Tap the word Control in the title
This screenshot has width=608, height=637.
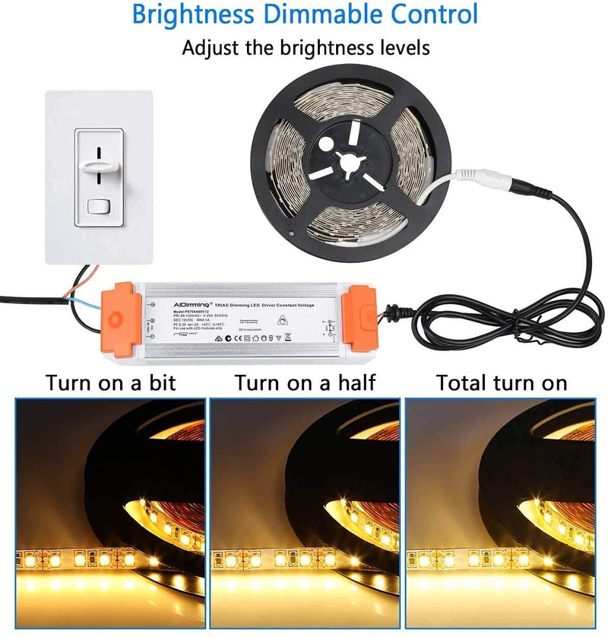point(431,14)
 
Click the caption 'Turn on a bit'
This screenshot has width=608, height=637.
point(111,382)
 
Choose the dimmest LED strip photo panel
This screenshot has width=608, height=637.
point(110,513)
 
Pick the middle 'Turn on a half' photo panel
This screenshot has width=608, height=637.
point(305,513)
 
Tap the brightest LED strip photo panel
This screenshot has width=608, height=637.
point(499,513)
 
